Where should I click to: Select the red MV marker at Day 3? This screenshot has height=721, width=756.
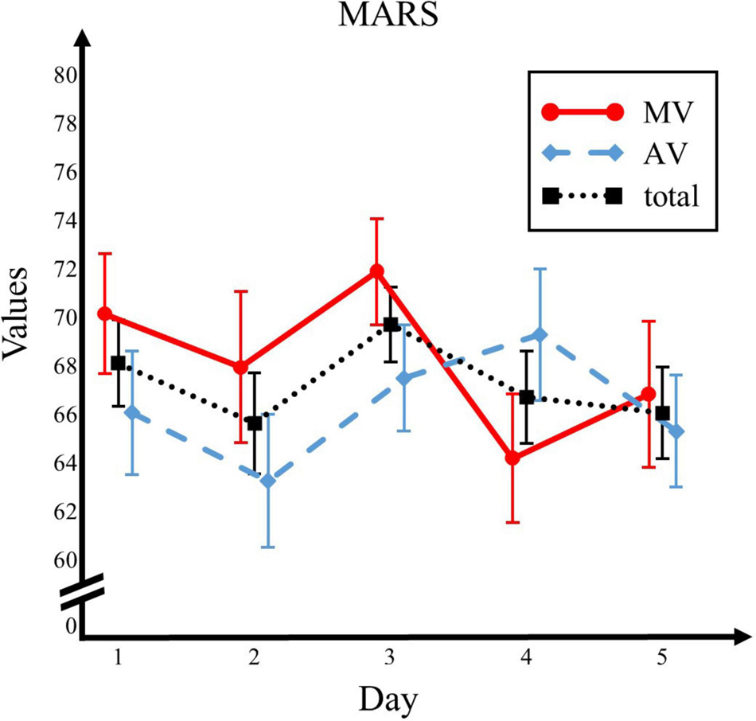point(376,271)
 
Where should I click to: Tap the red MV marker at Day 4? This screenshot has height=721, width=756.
point(512,458)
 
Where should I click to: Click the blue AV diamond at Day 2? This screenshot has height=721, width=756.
point(268,481)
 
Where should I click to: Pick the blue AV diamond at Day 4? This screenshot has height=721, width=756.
point(540,335)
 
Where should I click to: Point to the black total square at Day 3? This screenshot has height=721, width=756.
point(391,324)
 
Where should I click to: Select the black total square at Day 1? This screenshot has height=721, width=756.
point(118,363)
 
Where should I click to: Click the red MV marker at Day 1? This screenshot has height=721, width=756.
point(104,314)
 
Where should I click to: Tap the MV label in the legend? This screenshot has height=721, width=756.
point(665,112)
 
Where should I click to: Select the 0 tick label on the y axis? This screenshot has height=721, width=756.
point(71,627)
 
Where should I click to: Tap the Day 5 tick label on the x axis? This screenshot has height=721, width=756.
point(662,658)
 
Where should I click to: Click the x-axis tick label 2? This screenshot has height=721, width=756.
point(254,658)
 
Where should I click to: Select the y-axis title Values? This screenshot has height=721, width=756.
point(18,318)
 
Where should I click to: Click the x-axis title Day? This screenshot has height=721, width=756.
point(388,699)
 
